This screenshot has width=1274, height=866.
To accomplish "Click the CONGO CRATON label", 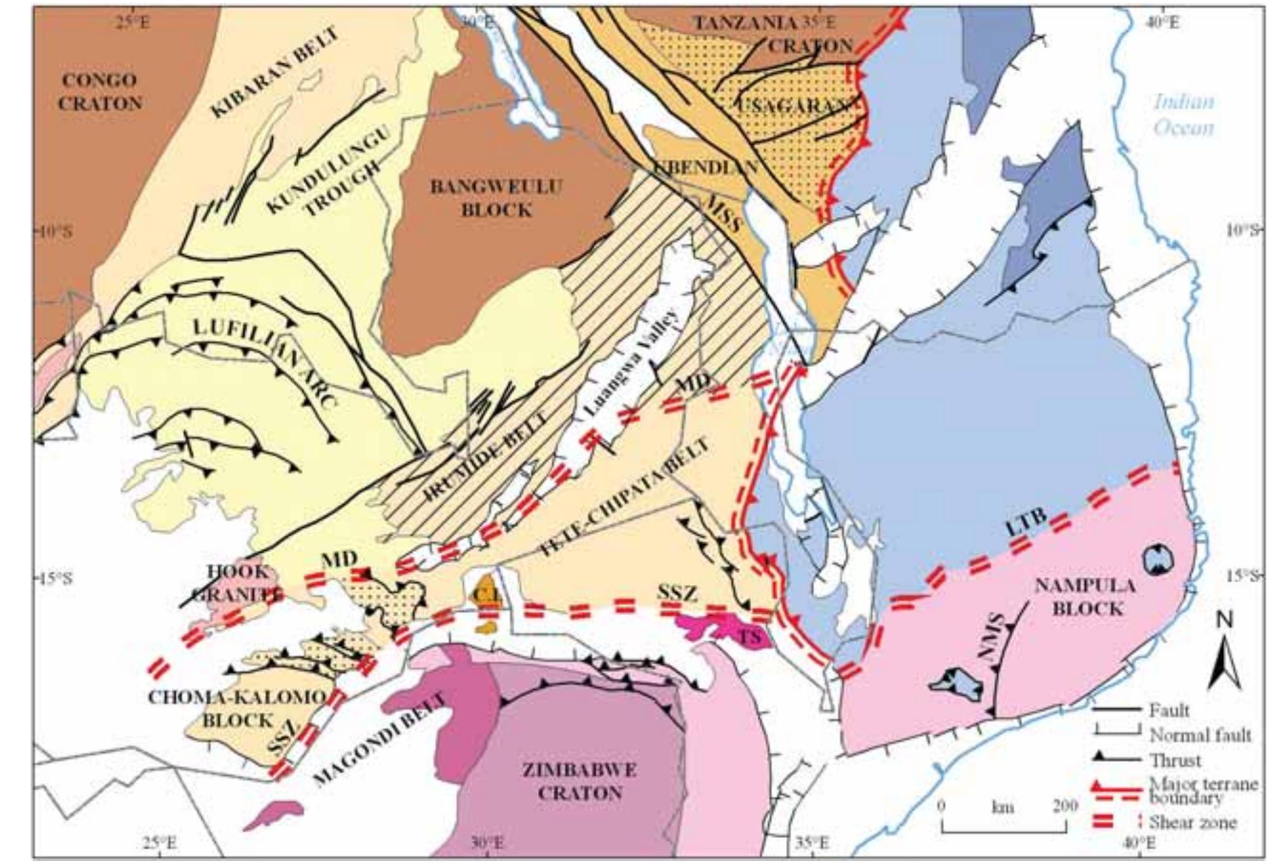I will [x=100, y=91].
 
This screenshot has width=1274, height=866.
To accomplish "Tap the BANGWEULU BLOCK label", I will [x=496, y=198].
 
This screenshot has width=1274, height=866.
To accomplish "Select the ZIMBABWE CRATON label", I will [x=580, y=782].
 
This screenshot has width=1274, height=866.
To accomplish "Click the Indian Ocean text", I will [x=1183, y=115].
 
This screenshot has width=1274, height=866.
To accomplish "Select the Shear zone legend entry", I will [x=1192, y=823].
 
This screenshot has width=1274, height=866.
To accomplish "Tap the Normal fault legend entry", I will [x=1200, y=735].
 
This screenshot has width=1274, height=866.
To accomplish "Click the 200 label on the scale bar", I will [x=1065, y=806].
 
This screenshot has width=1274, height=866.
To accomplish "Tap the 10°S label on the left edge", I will [x=53, y=231].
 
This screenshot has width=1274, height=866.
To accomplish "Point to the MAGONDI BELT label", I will [x=379, y=738].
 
